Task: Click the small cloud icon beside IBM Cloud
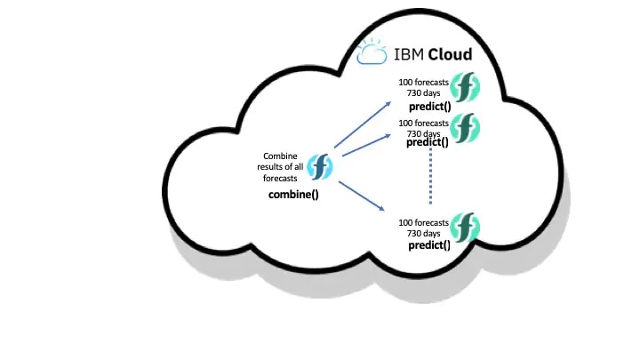click(370, 54)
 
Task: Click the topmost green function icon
click(465, 87)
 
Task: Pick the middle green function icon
click(465, 128)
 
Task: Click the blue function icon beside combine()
click(319, 166)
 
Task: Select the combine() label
click(293, 194)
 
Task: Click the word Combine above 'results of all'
click(280, 156)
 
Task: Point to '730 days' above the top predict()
click(423, 94)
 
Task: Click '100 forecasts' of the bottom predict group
click(423, 220)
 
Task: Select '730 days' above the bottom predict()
click(423, 232)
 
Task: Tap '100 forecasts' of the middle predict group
click(423, 124)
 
